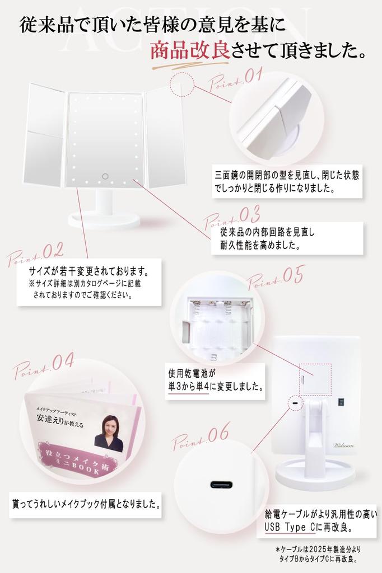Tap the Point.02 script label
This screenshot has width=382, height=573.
coord(35,254)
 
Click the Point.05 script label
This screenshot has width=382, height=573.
coord(276,277)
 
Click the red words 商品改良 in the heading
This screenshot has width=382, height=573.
coord(189,51)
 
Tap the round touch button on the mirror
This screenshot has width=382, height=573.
coord(105,177)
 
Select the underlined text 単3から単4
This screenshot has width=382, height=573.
coord(188,386)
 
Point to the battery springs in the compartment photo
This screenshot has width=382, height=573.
coord(218,307)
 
